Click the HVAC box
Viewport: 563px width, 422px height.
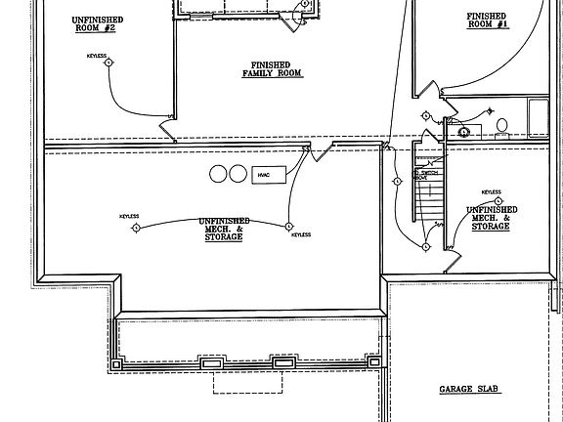tap(265, 174)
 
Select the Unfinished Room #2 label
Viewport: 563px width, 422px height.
tap(94, 24)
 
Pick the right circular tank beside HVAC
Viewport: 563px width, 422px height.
tap(237, 174)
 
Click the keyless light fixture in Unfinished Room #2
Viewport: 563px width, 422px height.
tap(110, 63)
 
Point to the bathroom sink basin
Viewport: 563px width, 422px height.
tap(464, 131)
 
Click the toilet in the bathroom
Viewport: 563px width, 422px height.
tap(500, 125)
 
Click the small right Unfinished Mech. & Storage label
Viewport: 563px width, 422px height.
tap(490, 218)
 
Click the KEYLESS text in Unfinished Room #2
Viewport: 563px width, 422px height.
tap(96, 56)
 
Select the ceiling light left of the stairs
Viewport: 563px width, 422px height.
tap(397, 182)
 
